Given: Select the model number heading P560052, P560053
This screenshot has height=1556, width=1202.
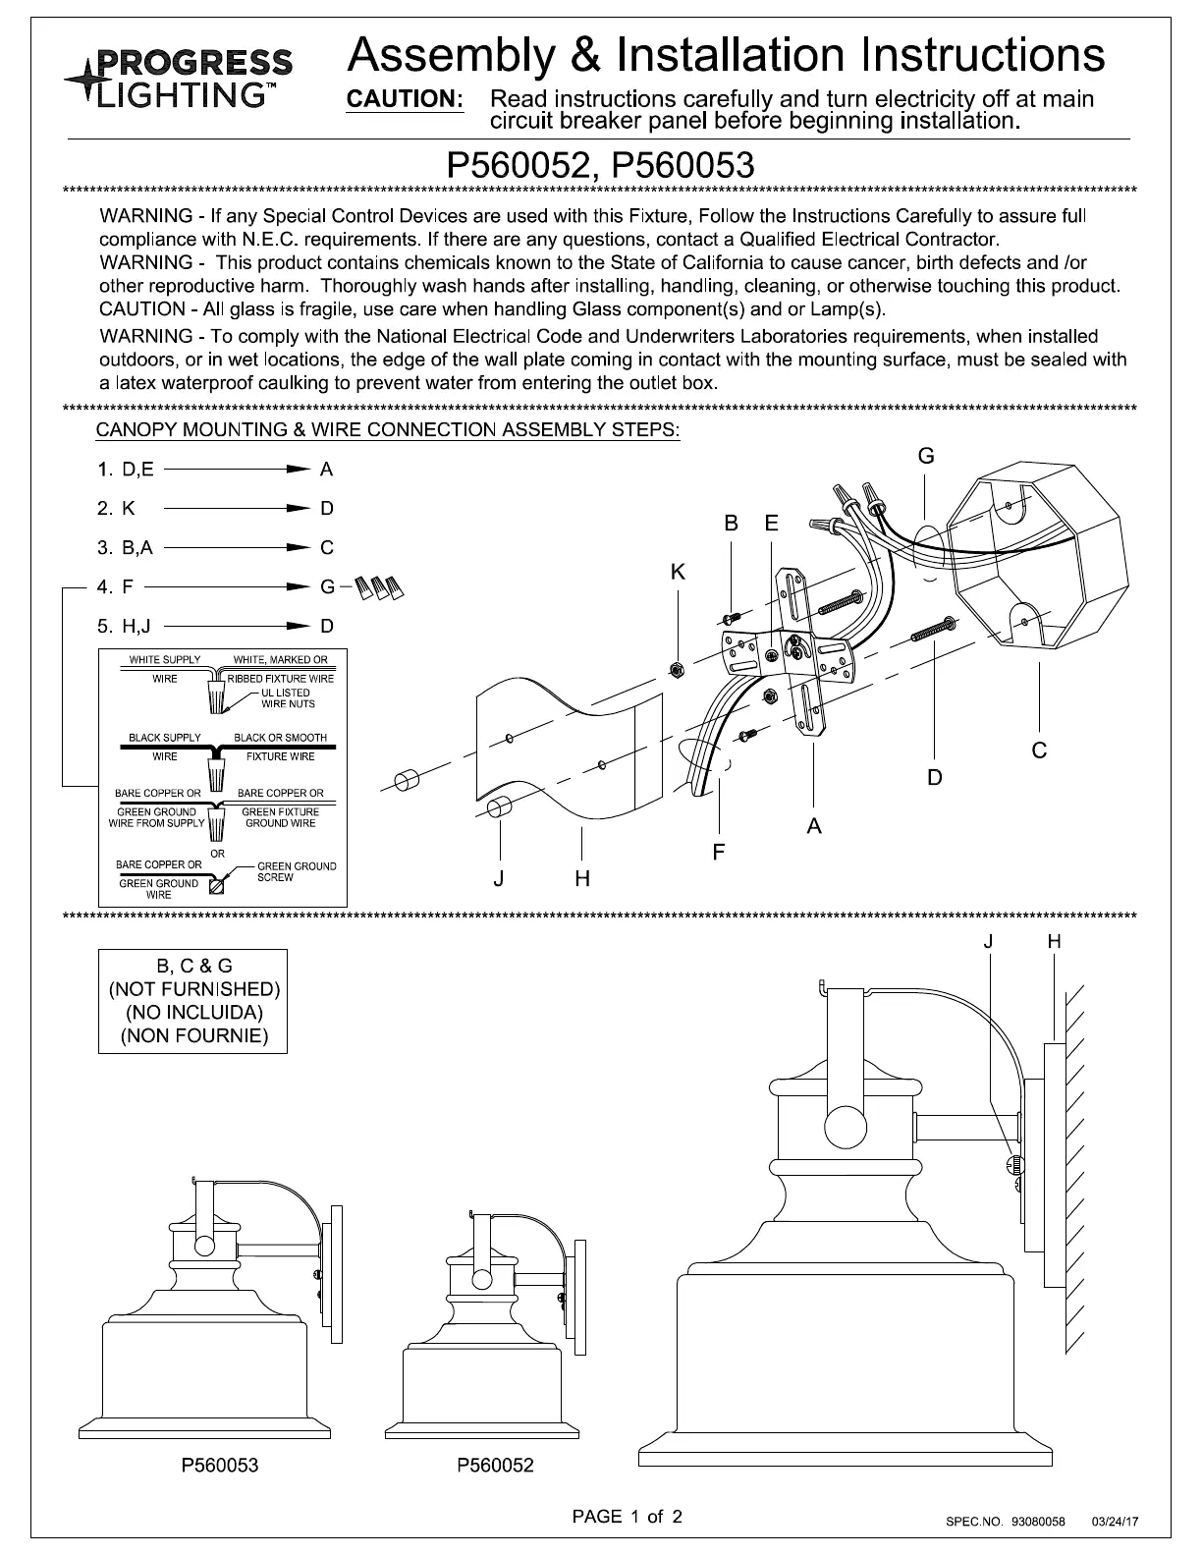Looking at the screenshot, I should (600, 164).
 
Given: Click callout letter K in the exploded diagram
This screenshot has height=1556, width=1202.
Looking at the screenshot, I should (678, 572).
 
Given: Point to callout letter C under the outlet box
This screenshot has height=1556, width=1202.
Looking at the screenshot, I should (1039, 750).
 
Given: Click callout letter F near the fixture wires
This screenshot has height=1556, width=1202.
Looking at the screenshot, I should (719, 852).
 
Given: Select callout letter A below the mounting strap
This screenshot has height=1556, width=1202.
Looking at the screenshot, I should (814, 827).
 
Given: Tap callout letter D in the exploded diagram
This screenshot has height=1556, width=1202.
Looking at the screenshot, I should (935, 778).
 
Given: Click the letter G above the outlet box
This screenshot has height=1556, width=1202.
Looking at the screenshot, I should (925, 456).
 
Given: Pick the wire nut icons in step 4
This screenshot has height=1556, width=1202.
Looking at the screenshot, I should (379, 586).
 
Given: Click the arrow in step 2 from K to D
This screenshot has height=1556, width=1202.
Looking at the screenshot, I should (236, 509).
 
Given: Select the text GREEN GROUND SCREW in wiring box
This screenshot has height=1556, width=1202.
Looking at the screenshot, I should (296, 871).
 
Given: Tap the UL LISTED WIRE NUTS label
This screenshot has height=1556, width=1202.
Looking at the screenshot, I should (288, 698).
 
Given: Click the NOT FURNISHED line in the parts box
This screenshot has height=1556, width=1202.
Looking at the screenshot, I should (193, 989).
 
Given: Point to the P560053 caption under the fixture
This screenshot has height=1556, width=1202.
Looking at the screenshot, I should (219, 1466).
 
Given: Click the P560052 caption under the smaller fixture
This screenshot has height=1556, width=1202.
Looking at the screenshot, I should (495, 1466).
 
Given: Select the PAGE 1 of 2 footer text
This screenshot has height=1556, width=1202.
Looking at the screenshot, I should (628, 1516).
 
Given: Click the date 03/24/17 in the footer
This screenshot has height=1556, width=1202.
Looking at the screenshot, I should (1115, 1522).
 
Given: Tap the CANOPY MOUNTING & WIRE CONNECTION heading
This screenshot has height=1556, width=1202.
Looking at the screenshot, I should (388, 430).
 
